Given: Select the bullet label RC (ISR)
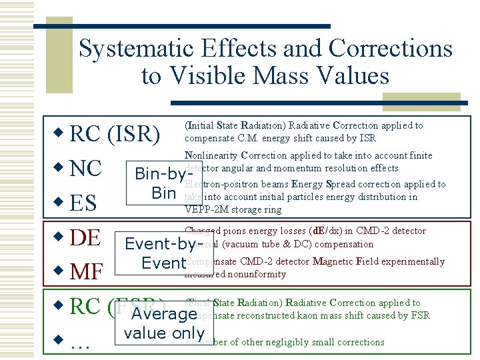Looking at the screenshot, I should pyautogui.click(x=115, y=134).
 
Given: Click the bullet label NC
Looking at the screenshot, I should pyautogui.click(x=85, y=168).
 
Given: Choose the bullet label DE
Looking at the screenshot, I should pyautogui.click(x=85, y=237).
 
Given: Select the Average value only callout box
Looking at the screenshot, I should pyautogui.click(x=164, y=323).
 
